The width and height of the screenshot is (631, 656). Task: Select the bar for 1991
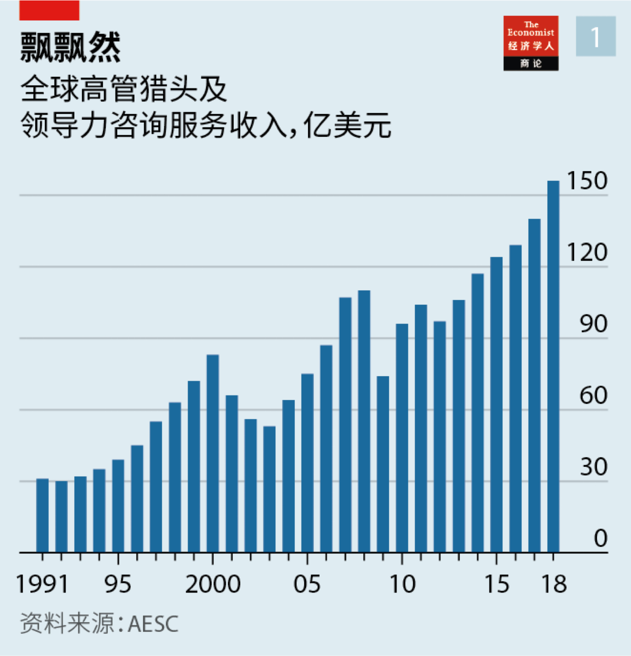pyautogui.click(x=42, y=515)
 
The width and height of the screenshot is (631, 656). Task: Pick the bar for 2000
pyautogui.click(x=213, y=453)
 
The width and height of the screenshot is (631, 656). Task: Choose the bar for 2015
pyautogui.click(x=496, y=404)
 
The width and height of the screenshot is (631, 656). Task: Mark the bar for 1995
pyautogui.click(x=118, y=506)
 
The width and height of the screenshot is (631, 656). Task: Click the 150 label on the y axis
pyautogui.click(x=587, y=181)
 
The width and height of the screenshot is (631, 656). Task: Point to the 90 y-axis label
pyautogui.click(x=593, y=324)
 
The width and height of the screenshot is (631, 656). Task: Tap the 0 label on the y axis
pyautogui.click(x=600, y=539)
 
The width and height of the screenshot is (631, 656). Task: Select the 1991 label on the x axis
pyautogui.click(x=42, y=584)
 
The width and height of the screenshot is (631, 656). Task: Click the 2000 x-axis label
pyautogui.click(x=213, y=584)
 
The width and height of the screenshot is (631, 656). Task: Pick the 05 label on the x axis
pyautogui.click(x=307, y=584)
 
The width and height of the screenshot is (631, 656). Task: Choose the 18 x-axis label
pyautogui.click(x=554, y=584)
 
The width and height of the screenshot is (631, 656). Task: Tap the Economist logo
pyautogui.click(x=531, y=43)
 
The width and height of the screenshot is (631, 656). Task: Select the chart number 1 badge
pyautogui.click(x=595, y=37)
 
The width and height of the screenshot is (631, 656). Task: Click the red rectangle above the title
pyautogui.click(x=49, y=10)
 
